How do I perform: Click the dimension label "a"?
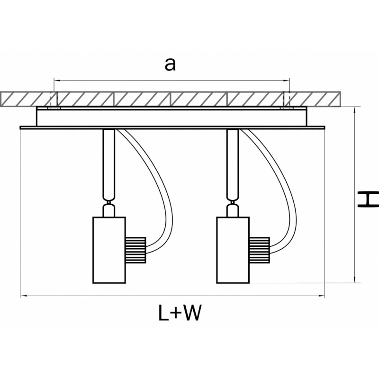pos(170,64)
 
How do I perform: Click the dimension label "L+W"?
pos(180,313)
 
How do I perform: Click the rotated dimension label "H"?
pos(367,199)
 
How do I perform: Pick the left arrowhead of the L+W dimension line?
pos(23,297)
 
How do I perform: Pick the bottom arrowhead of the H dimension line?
pos(355,280)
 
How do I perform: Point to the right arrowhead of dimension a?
pos(286,80)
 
